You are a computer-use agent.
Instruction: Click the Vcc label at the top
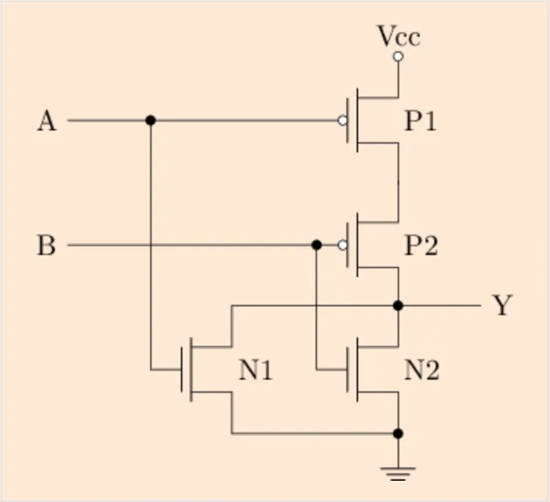[x=398, y=36]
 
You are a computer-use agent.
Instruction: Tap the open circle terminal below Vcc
[x=398, y=56]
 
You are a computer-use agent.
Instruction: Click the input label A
[x=46, y=120]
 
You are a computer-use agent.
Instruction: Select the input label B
[x=46, y=246]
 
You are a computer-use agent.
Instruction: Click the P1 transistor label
[x=421, y=121]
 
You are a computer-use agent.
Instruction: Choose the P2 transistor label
[x=421, y=246]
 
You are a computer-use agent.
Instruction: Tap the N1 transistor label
[x=256, y=371]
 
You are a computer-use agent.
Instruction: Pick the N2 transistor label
[x=423, y=371]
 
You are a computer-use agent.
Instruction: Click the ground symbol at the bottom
[x=398, y=472]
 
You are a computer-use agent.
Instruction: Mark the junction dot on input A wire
[x=151, y=120]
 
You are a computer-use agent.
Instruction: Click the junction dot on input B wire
[x=316, y=246]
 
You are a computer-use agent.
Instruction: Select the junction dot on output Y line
[x=398, y=305]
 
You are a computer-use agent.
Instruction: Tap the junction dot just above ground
[x=398, y=434]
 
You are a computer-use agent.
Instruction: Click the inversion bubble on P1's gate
[x=343, y=120]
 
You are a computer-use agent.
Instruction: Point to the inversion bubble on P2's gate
[x=343, y=246]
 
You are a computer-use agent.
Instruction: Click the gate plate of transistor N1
[x=182, y=369]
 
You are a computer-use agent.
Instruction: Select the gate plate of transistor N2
[x=349, y=369]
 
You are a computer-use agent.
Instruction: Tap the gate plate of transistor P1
[x=349, y=120]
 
